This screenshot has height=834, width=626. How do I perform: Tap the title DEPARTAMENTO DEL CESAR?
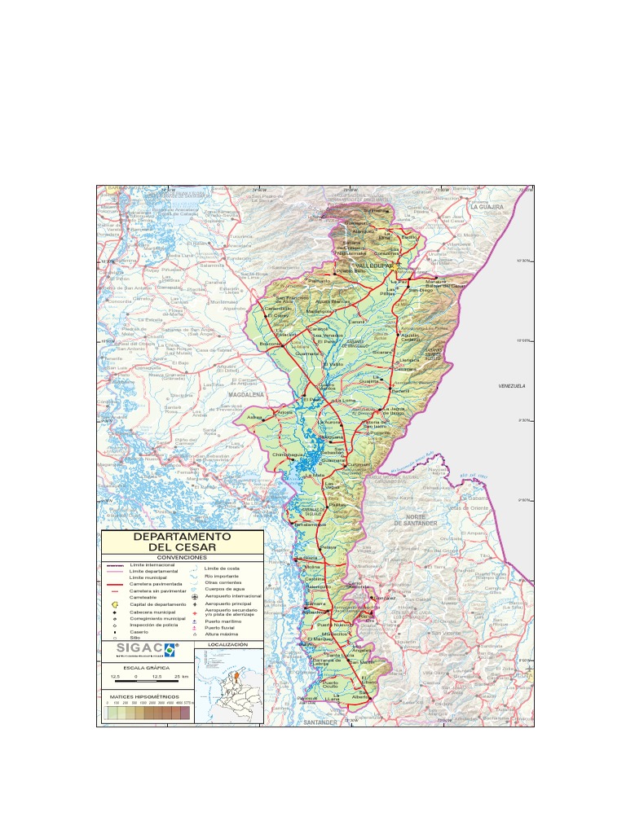(182, 542)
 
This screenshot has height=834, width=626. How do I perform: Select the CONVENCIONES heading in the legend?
(182, 557)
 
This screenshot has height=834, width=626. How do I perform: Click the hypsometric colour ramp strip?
(147, 713)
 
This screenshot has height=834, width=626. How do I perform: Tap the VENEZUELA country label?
(512, 386)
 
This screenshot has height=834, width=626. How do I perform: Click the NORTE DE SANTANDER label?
(417, 520)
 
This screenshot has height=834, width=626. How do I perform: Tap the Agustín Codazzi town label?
(411, 336)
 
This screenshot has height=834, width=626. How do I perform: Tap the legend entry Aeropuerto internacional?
(233, 596)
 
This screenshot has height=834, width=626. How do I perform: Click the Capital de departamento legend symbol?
(115, 604)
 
